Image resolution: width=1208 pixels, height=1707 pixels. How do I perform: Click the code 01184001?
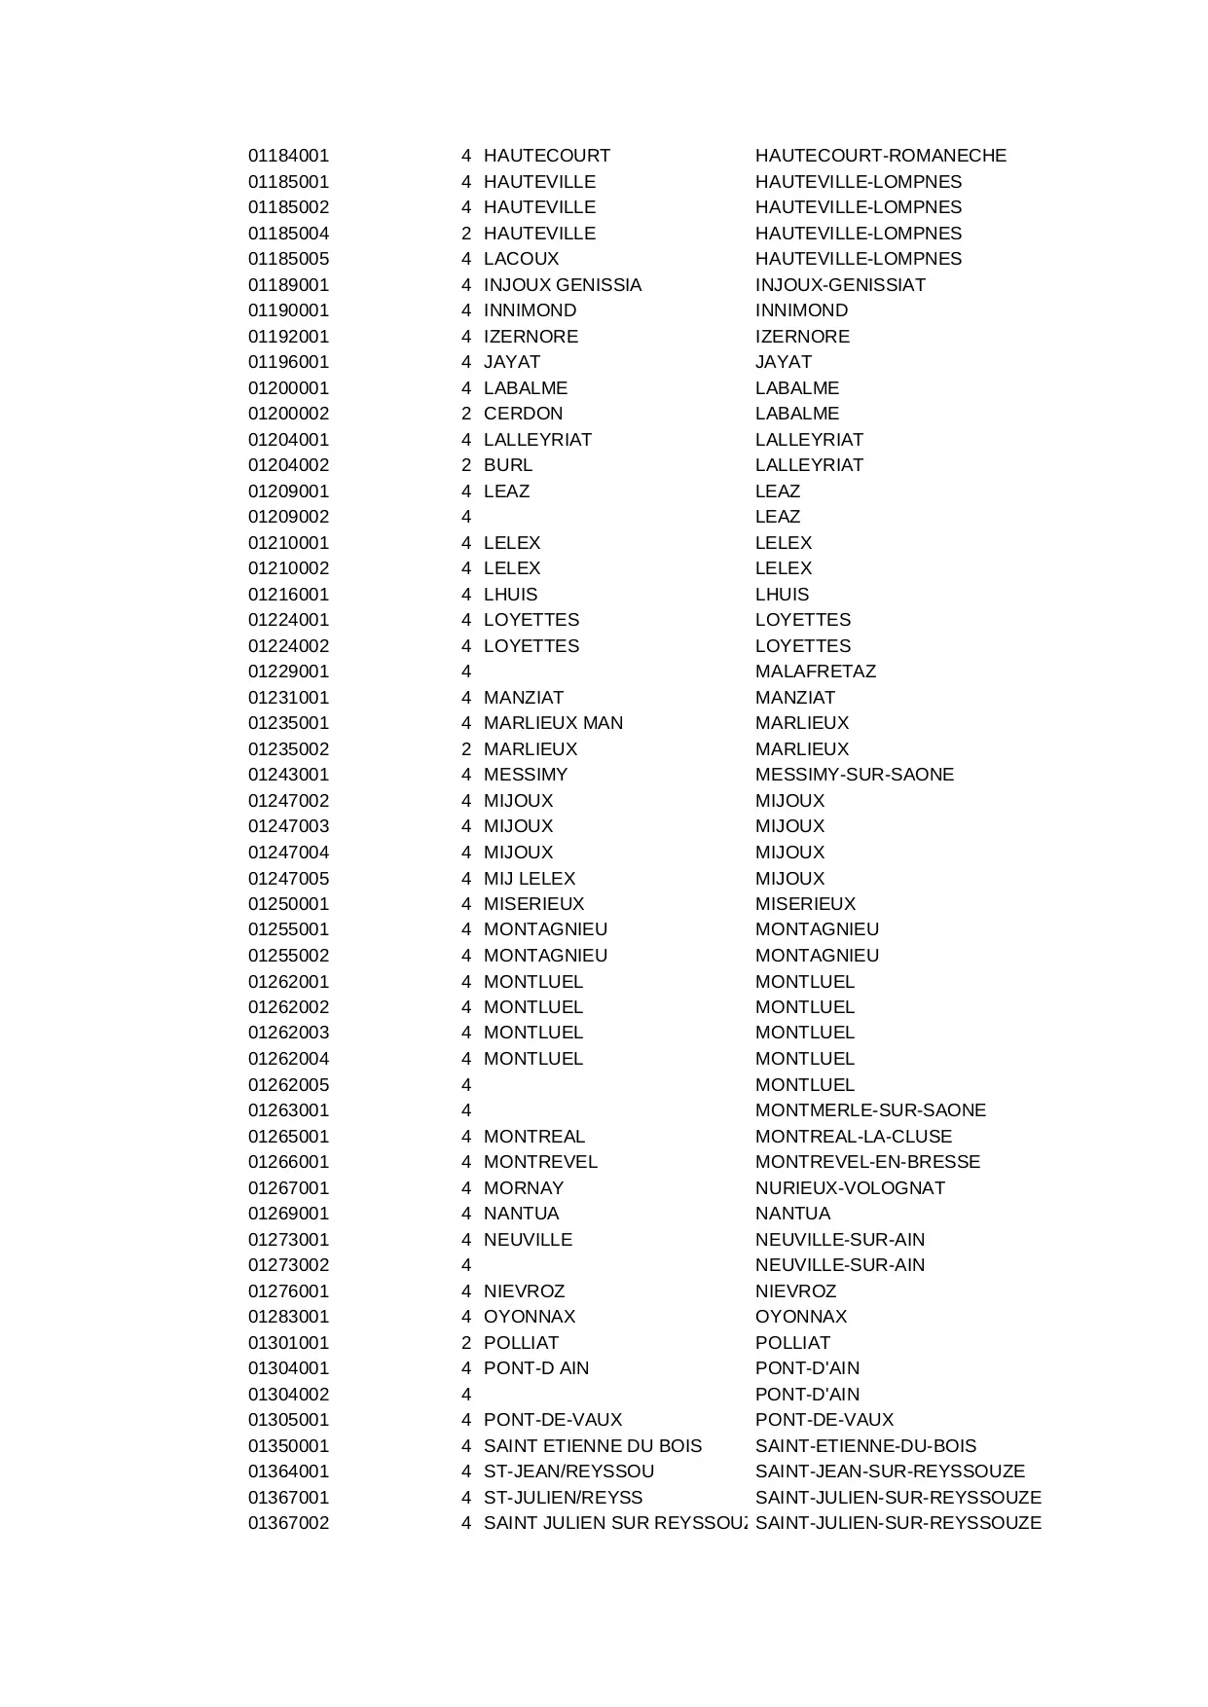[x=288, y=156]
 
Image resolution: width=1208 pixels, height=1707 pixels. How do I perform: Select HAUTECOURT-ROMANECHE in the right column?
[x=880, y=156]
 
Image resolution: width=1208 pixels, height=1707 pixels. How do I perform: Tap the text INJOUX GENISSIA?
[x=562, y=285]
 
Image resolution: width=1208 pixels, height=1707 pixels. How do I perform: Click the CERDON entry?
[x=523, y=414]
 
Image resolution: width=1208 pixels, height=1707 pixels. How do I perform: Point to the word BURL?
[x=507, y=465]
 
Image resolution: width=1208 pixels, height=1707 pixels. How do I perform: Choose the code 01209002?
[x=288, y=517]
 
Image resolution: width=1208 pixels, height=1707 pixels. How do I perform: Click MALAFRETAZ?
[x=815, y=672]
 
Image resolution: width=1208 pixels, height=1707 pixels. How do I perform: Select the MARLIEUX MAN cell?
[x=553, y=723]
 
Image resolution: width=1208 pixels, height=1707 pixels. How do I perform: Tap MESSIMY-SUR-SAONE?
[x=854, y=775]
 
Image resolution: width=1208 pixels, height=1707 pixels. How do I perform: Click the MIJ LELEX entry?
[x=529, y=878]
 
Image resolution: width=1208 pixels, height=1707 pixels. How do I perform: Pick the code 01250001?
[x=288, y=904]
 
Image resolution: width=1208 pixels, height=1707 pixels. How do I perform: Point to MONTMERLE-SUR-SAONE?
[x=870, y=1110]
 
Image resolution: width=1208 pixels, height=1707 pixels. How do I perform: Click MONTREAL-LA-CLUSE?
[x=853, y=1137]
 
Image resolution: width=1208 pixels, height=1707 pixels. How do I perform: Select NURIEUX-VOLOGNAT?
[x=850, y=1188]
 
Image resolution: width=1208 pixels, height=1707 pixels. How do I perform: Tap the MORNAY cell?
[x=523, y=1188]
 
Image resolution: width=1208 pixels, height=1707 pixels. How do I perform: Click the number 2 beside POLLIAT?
[x=466, y=1343]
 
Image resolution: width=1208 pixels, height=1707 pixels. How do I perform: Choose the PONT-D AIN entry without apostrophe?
[x=535, y=1368]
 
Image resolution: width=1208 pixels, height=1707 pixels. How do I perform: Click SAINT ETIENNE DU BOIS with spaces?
[x=592, y=1446]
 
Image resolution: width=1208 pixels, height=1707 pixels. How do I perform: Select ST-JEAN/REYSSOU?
[x=568, y=1471]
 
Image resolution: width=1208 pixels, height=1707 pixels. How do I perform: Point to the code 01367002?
[x=288, y=1523]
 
